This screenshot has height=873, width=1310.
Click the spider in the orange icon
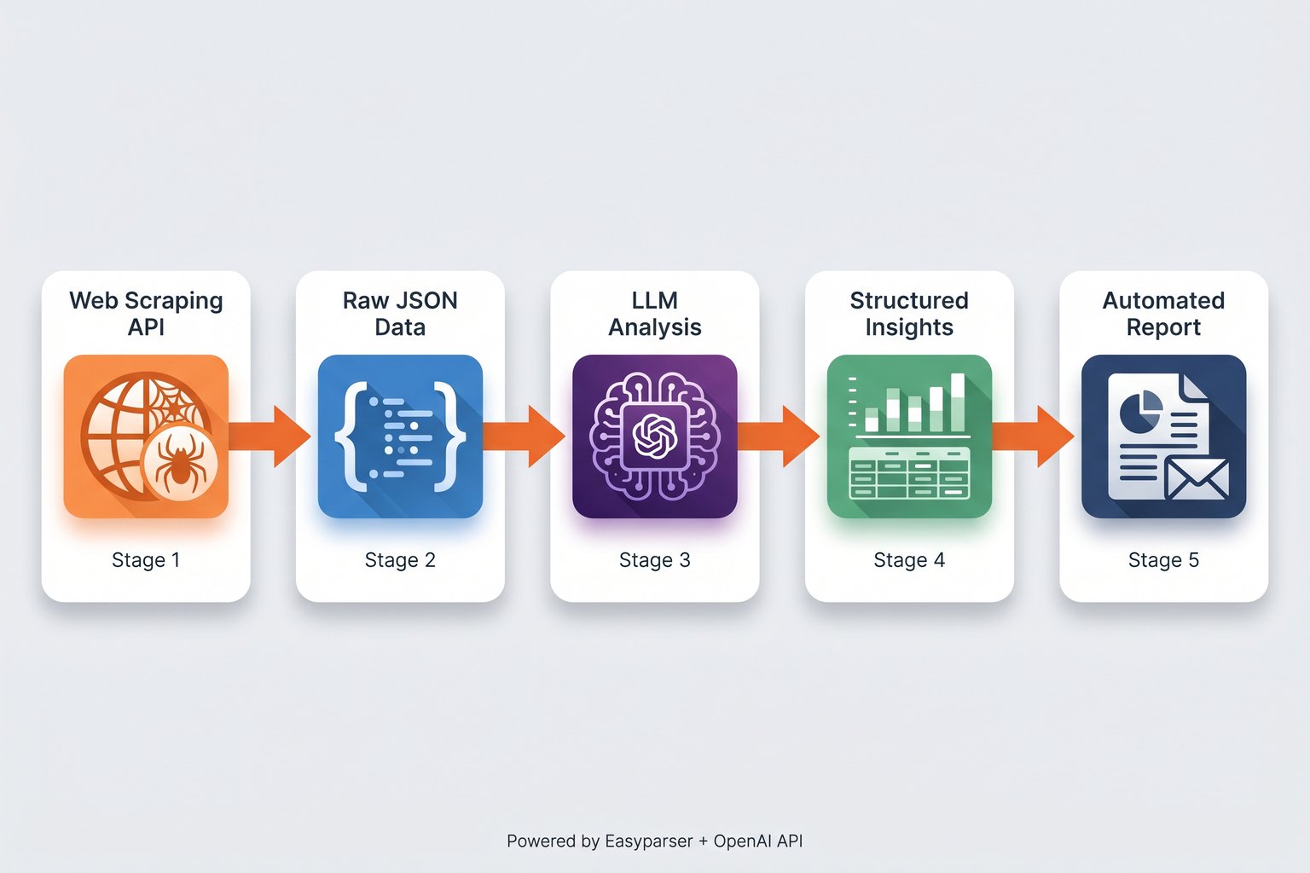[181, 464]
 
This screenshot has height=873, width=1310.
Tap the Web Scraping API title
[146, 314]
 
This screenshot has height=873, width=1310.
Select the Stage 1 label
[146, 560]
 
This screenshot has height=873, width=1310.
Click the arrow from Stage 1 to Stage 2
[271, 436]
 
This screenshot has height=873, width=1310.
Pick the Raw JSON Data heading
[400, 314]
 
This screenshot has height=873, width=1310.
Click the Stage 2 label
[400, 560]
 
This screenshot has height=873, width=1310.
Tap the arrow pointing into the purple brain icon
[525, 436]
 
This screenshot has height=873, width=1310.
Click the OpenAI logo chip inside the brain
[654, 436]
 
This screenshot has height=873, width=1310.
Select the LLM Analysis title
[654, 314]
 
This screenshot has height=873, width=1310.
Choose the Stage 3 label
[654, 560]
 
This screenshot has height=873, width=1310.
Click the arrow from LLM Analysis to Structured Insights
[780, 436]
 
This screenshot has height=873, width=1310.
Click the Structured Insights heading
[909, 314]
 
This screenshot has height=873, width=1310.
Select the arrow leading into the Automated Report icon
[1034, 436]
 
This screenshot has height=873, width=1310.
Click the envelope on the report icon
[1197, 478]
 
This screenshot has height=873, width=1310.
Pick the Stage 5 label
[1163, 560]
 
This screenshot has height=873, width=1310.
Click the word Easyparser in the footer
[648, 841]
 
